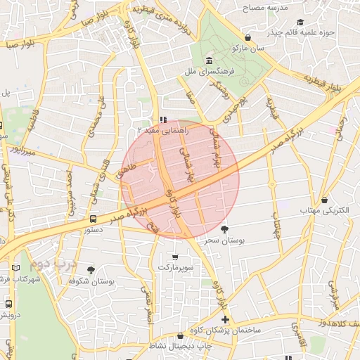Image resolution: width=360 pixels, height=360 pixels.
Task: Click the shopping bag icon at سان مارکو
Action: (247, 37)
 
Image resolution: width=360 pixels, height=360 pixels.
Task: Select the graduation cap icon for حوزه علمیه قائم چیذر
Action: (301, 21)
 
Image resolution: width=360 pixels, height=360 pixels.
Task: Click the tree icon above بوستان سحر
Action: (224, 229)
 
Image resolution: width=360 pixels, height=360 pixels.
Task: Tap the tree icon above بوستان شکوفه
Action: (91, 269)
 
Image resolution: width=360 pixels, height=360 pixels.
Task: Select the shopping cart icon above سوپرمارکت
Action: (174, 257)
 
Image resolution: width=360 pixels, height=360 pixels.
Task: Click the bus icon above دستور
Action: (94, 218)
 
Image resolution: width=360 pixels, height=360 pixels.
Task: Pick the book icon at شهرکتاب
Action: (16, 268)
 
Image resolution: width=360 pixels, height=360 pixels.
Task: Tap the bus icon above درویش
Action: (8, 304)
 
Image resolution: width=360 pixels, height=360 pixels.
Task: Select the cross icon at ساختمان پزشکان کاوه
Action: (224, 319)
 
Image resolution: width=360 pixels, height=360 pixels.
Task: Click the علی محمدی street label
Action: (94, 117)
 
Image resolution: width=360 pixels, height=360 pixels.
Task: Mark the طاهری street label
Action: (129, 169)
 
